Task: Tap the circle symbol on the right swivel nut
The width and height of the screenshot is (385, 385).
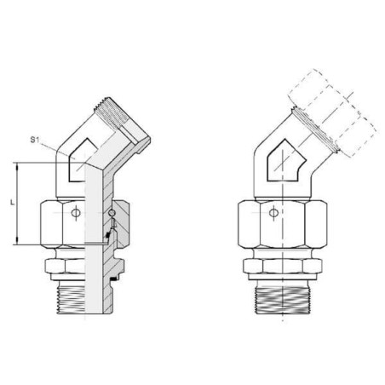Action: (273, 212)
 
